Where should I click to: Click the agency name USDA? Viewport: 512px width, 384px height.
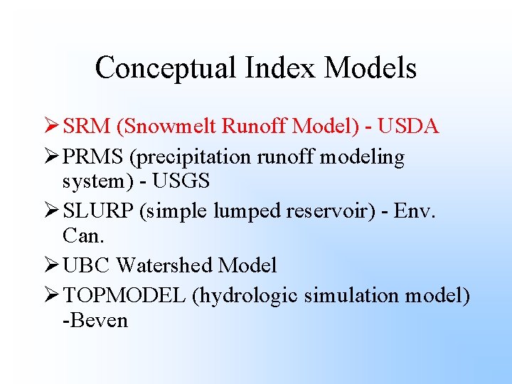(x=409, y=127)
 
